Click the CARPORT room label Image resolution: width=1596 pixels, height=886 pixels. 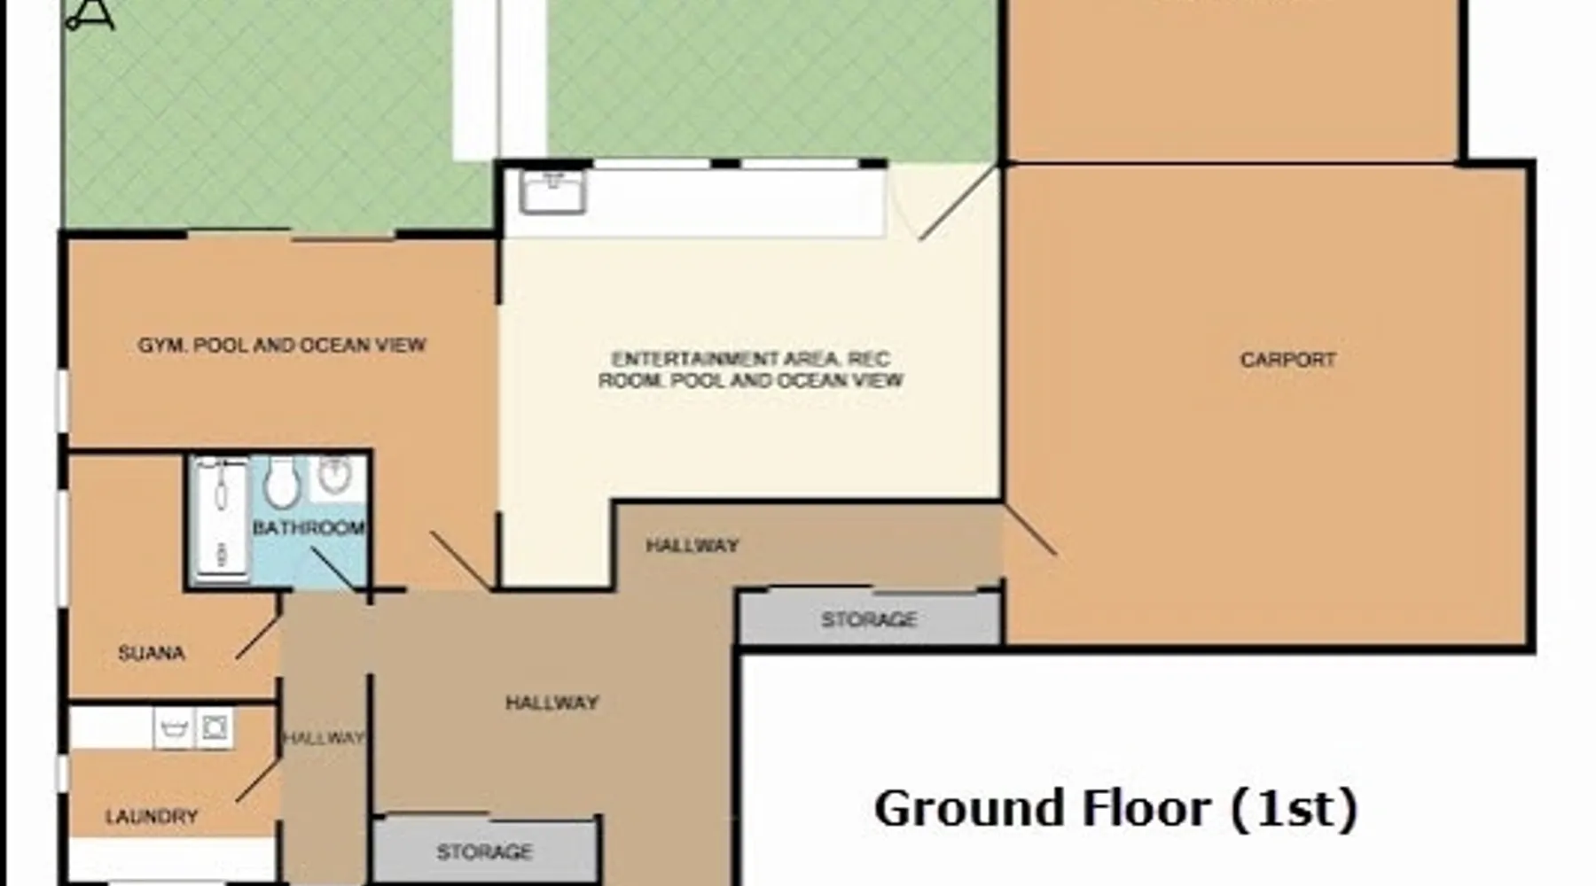coord(1287,360)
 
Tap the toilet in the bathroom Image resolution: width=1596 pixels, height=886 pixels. coord(281,484)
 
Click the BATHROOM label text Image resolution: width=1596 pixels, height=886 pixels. coord(309,528)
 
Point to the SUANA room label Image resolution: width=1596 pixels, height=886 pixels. coord(152,654)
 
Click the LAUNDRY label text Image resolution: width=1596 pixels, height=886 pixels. coord(152,817)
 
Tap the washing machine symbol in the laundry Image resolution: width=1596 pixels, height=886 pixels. coord(215,728)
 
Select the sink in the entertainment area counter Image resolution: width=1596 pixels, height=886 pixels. coord(553,192)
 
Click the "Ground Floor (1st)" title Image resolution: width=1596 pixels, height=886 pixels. coord(1116,809)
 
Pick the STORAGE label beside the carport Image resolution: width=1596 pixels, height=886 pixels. coord(869,619)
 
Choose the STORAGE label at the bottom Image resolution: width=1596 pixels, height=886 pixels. coord(484,852)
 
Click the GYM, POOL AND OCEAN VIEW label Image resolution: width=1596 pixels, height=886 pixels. coord(282,345)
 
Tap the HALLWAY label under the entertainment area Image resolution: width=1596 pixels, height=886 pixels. coord(692,546)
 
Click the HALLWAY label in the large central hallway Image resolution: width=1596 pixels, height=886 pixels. coord(552,703)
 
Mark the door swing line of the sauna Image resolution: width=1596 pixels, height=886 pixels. coord(258,637)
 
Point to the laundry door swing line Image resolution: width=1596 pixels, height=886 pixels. coord(258,781)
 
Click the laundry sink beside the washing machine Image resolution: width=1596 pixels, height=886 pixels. coord(174,728)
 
